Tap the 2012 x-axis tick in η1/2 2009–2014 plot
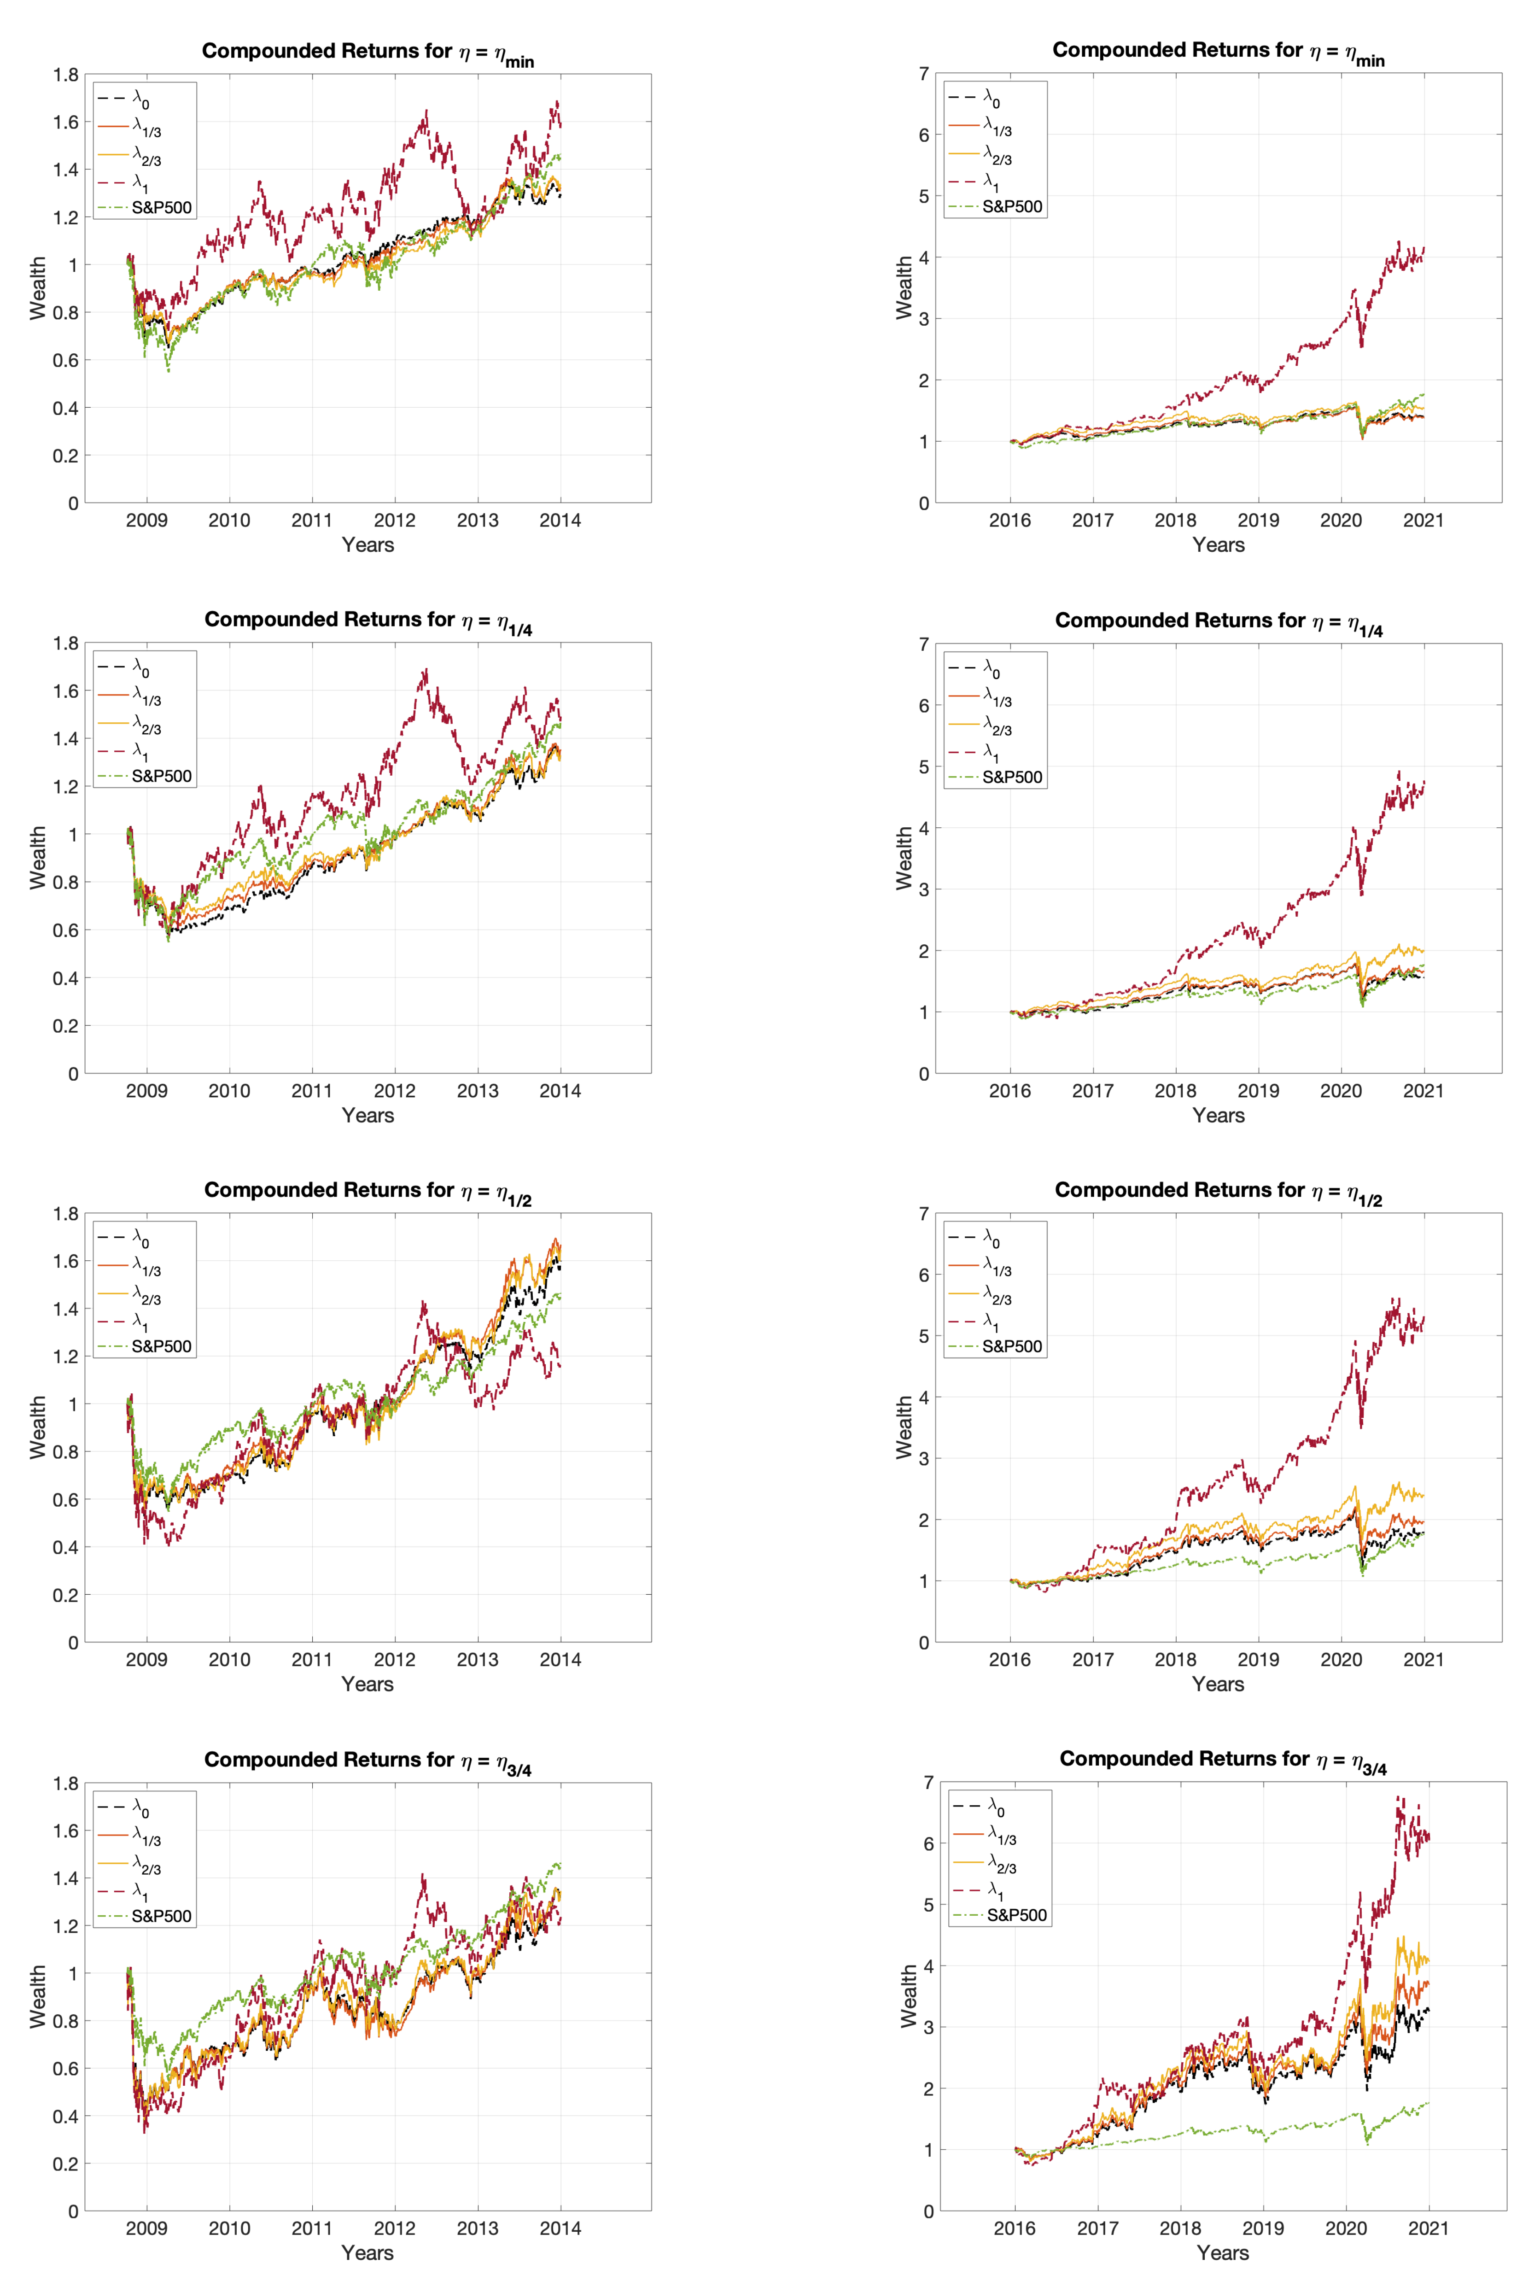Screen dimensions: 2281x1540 (x=395, y=1660)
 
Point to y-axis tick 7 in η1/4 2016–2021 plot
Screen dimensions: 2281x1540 (x=924, y=645)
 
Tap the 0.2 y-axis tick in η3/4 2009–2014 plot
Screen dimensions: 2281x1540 (x=66, y=2164)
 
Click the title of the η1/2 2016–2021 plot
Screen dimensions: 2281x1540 (x=1218, y=1191)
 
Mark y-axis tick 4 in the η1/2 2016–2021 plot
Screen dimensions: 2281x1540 (x=924, y=1398)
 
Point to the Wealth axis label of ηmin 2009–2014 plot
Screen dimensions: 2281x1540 (x=37, y=288)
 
